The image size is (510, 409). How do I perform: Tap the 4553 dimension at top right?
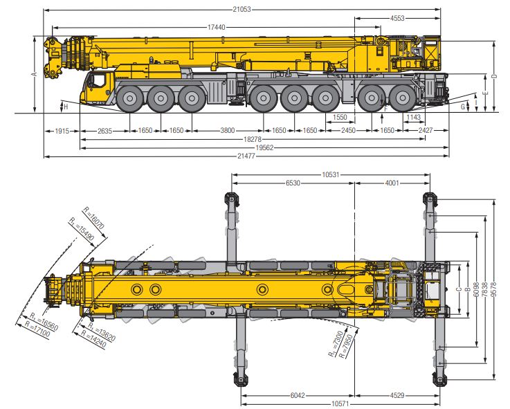click(397, 18)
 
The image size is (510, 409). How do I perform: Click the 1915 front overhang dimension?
click(62, 130)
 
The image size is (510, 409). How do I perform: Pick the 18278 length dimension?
click(251, 140)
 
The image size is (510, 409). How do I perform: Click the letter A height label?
click(33, 73)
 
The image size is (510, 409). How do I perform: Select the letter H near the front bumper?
click(66, 106)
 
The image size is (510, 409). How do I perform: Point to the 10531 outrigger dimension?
click(330, 174)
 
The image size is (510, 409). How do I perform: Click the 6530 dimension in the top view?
click(293, 183)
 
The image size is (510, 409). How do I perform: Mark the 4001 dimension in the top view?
click(392, 183)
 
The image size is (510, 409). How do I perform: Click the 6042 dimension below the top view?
click(297, 394)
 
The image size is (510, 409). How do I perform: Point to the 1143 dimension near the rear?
click(413, 118)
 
